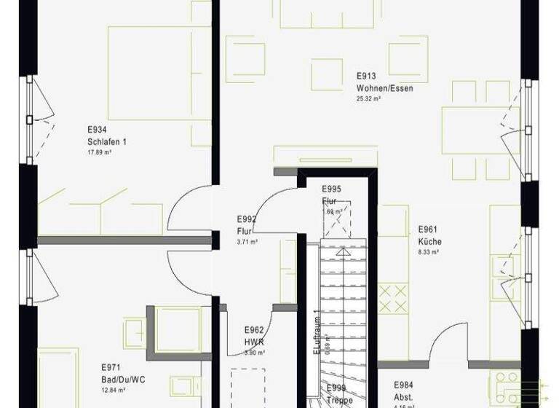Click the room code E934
(x=98, y=130)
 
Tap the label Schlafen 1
(x=106, y=141)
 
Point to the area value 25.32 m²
(x=369, y=98)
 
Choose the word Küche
(x=429, y=242)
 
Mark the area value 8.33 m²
(x=429, y=252)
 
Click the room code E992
(x=247, y=219)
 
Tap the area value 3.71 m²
(x=247, y=241)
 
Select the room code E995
(x=332, y=189)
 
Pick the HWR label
(x=253, y=341)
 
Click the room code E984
(x=404, y=385)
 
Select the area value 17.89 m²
(x=99, y=152)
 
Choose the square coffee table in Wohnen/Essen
(x=327, y=74)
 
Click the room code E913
(x=366, y=76)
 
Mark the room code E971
(x=111, y=367)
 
